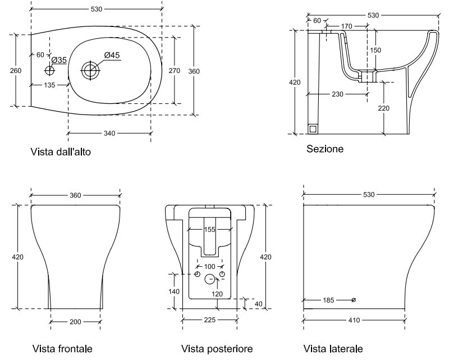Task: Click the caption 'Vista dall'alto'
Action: pos(61,152)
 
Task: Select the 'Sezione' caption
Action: pos(325,149)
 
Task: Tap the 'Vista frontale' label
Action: pos(62,349)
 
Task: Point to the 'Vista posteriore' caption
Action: pos(217,349)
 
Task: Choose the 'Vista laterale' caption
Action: pos(333,349)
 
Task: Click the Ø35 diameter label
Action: pos(59,60)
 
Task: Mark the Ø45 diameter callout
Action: pos(112,54)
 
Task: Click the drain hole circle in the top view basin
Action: pos(90,70)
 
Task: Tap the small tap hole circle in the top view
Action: pos(50,71)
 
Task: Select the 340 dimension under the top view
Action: pos(109,133)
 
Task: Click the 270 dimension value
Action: pos(173,71)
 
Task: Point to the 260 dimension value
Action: pos(16,70)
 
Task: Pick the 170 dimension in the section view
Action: pos(346,26)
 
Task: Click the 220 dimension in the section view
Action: pos(384,108)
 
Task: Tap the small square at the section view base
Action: pos(313,129)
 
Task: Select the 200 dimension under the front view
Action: pos(75,322)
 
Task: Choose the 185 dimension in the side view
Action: pos(329,300)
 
